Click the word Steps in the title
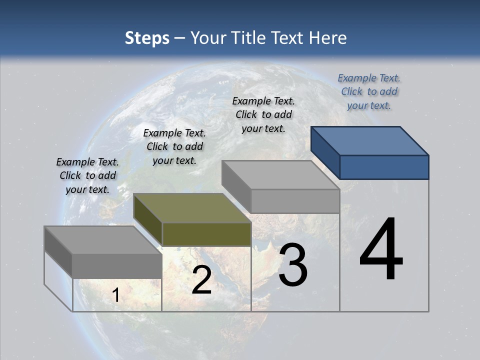pyautogui.click(x=147, y=38)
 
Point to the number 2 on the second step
pyautogui.click(x=201, y=280)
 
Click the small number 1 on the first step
pyautogui.click(x=115, y=295)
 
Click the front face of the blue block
pyautogui.click(x=384, y=167)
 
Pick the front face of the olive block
pyautogui.click(x=206, y=234)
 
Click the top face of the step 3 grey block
pyautogui.click(x=280, y=175)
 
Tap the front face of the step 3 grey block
pyautogui.click(x=295, y=201)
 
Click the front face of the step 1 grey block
pyautogui.click(x=117, y=266)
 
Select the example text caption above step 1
pyautogui.click(x=87, y=175)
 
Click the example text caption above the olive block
pyautogui.click(x=174, y=146)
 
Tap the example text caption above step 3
pyautogui.click(x=263, y=114)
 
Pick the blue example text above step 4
pyautogui.click(x=369, y=91)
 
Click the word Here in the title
pyautogui.click(x=327, y=38)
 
